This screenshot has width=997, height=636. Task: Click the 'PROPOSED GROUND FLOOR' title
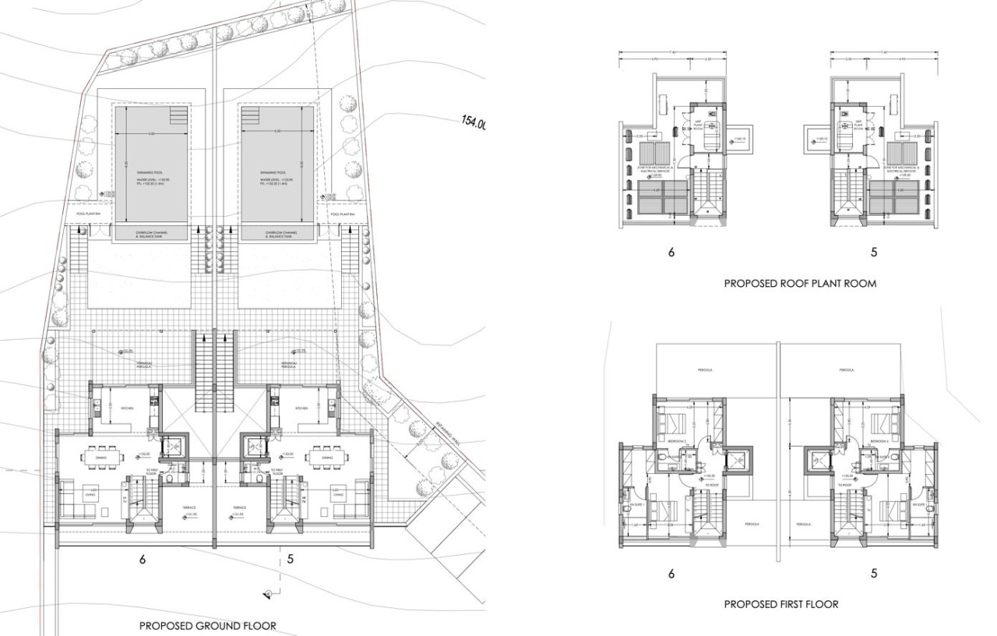pyautogui.click(x=207, y=625)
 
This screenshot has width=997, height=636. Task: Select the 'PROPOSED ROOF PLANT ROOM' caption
pyautogui.click(x=800, y=284)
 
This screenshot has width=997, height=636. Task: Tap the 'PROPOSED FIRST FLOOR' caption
pyautogui.click(x=781, y=604)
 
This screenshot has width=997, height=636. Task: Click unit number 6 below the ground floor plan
pyautogui.click(x=143, y=558)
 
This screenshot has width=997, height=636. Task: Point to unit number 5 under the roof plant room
pyautogui.click(x=874, y=253)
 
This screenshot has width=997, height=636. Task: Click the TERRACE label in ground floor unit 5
pyautogui.click(x=236, y=507)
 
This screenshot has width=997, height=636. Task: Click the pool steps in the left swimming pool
pyautogui.click(x=178, y=116)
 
